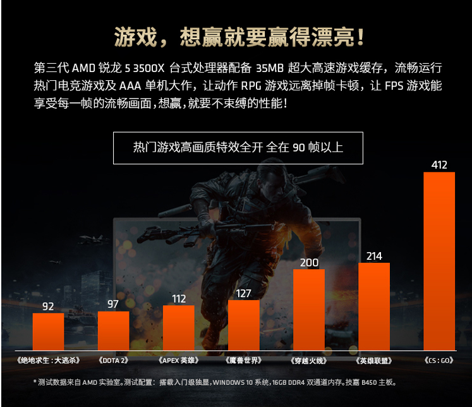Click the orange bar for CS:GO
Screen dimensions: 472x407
(x=439, y=261)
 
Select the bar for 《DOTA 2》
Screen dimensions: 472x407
(x=114, y=331)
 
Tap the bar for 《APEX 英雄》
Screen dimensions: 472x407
(x=179, y=328)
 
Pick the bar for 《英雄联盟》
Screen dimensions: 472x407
(x=374, y=307)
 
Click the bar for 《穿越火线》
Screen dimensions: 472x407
(x=309, y=310)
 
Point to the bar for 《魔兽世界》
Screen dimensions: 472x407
(x=243, y=325)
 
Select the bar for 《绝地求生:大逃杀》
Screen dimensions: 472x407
(x=48, y=332)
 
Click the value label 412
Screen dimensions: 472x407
(x=439, y=165)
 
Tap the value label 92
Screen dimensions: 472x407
(x=48, y=306)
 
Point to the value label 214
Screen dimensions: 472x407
(x=374, y=256)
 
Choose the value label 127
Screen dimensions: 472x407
(x=243, y=293)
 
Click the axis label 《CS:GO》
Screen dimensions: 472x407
(x=439, y=360)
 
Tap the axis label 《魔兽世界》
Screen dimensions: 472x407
(x=243, y=360)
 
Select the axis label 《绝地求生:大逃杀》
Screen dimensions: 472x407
(x=48, y=360)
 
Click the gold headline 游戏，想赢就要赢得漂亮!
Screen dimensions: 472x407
(x=239, y=37)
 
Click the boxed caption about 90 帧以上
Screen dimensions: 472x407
(x=238, y=147)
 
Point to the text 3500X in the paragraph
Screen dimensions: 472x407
(x=148, y=68)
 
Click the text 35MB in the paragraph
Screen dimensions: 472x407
(x=270, y=68)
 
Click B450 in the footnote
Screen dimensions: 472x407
(x=369, y=382)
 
